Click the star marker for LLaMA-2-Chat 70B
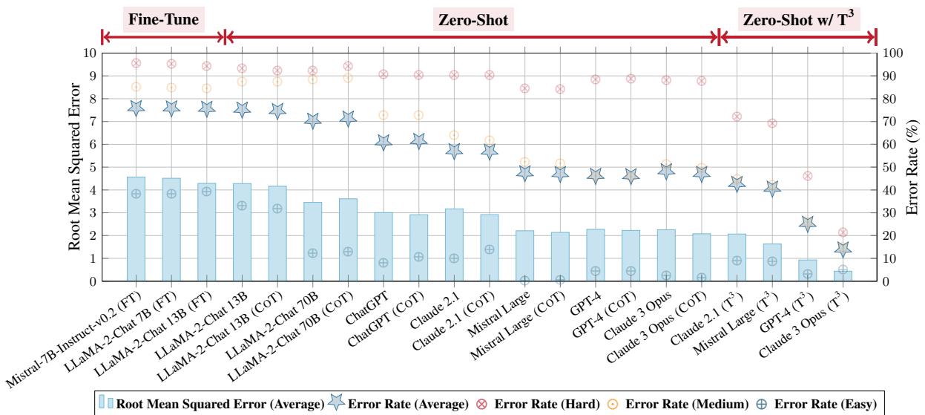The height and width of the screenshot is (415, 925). tap(312, 120)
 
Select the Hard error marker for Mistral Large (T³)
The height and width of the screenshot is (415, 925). tap(772, 123)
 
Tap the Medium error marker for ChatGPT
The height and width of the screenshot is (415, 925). tap(384, 115)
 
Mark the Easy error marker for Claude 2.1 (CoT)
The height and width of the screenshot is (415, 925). tap(489, 249)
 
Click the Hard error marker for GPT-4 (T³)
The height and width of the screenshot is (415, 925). tap(807, 176)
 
